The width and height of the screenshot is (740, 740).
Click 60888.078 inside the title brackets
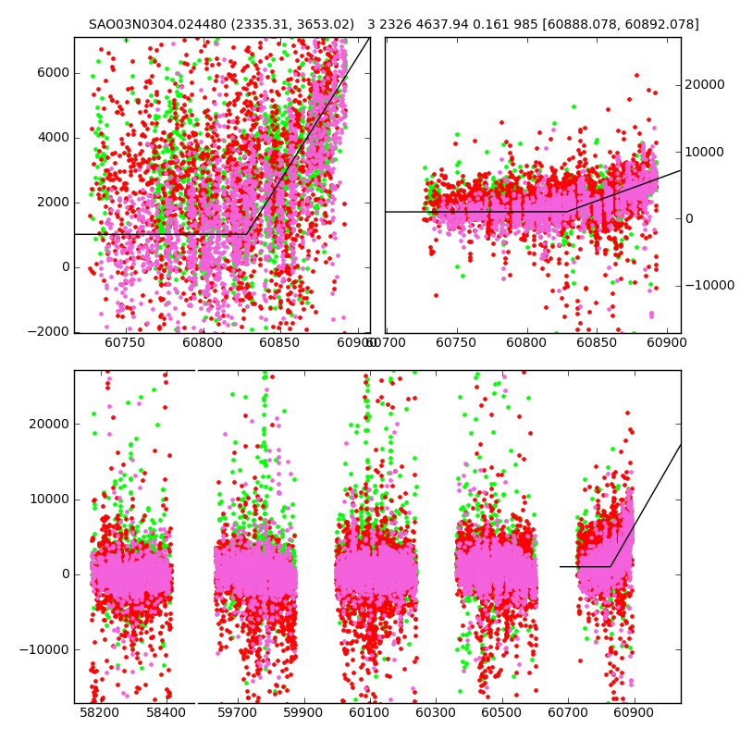point(592,25)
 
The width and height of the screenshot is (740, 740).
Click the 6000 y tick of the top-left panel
point(52,73)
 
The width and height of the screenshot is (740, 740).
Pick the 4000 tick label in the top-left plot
point(52,138)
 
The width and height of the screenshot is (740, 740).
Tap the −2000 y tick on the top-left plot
point(46,332)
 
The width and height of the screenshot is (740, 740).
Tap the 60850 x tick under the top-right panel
point(597,343)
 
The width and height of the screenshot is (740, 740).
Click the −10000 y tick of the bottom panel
point(43,649)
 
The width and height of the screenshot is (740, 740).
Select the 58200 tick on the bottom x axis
point(100,713)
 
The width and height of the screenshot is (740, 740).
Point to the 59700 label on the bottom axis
point(237,713)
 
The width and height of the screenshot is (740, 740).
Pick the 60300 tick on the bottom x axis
point(435,713)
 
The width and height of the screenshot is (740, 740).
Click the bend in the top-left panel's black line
point(249,234)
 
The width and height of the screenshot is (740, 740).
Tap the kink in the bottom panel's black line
point(610,566)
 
